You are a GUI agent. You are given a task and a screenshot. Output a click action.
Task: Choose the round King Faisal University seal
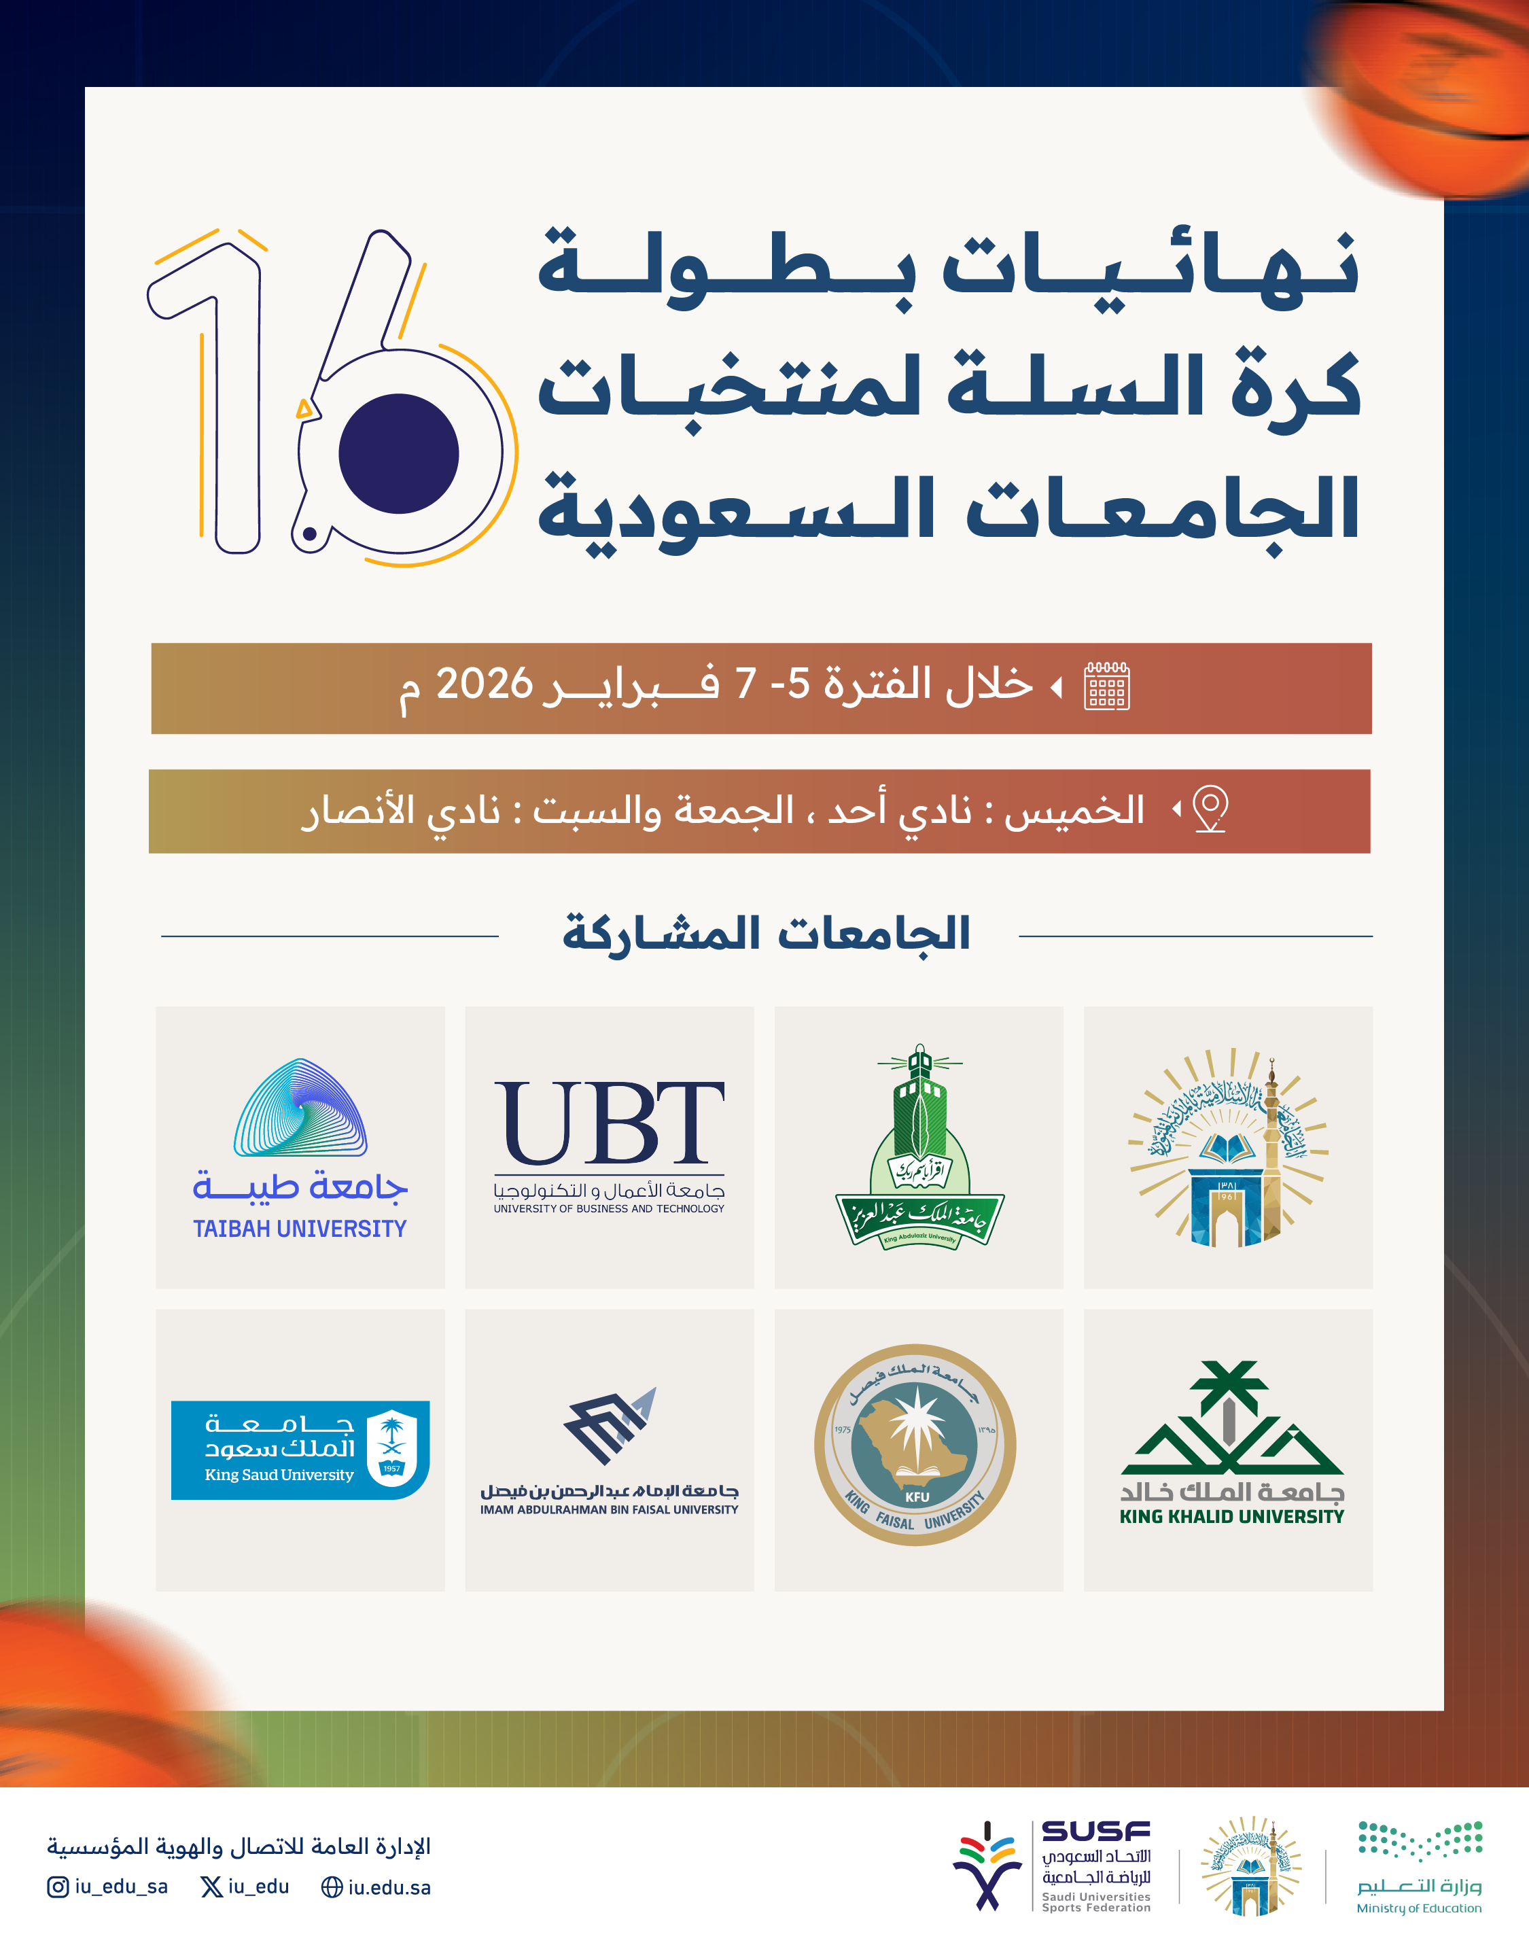[915, 1445]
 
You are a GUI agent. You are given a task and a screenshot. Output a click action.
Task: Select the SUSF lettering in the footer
[1095, 1832]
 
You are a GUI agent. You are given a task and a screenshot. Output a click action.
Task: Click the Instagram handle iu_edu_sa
[121, 1887]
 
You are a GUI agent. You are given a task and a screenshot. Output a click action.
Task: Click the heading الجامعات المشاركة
[767, 934]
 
